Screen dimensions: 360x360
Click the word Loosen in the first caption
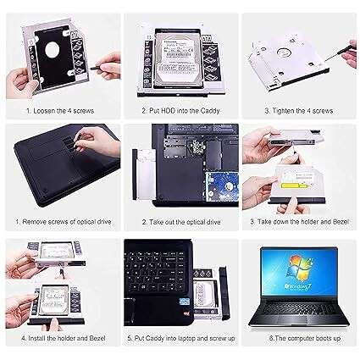tap(43, 110)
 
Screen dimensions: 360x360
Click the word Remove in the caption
tap(33, 224)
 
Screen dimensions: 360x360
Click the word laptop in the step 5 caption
tap(188, 337)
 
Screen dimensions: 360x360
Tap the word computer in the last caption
tap(291, 337)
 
